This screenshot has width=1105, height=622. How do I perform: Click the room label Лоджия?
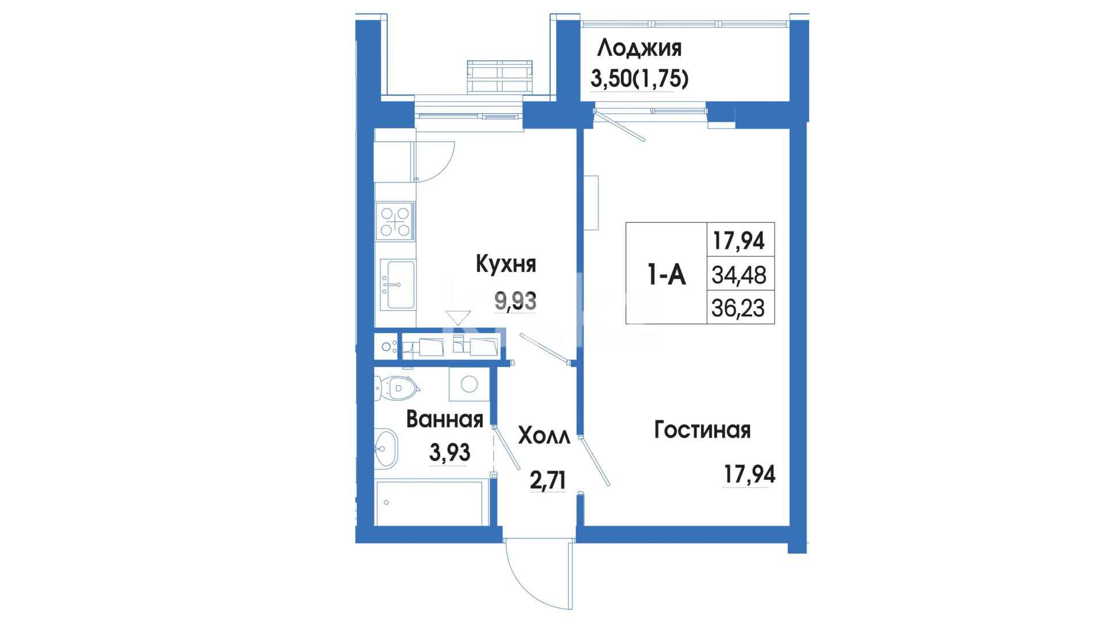pos(639,48)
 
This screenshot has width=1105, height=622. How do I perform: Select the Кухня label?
pos(506,264)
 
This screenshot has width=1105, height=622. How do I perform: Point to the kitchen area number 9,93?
pos(516,301)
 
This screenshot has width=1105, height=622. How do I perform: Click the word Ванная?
pos(444,419)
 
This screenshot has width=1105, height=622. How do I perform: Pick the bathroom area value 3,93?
pos(449,453)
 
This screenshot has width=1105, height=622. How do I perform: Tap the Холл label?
pos(544,436)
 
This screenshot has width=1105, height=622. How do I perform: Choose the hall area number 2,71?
pos(547,480)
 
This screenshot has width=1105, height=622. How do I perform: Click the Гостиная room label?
pos(702,430)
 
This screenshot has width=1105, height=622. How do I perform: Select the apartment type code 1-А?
pos(666,274)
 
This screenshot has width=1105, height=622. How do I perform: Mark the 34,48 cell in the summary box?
pos(739,275)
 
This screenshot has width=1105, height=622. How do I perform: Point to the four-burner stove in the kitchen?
pos(395,221)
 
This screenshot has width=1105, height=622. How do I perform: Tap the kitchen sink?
pos(397,285)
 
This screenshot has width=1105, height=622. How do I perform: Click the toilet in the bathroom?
pos(397,388)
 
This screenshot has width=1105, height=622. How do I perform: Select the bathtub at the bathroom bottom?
pos(429,503)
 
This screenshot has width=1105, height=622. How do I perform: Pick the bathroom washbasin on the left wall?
pos(386,449)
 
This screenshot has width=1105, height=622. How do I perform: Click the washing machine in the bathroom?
pos(469,384)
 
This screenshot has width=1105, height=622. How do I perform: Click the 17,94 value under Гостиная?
pos(749,475)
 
